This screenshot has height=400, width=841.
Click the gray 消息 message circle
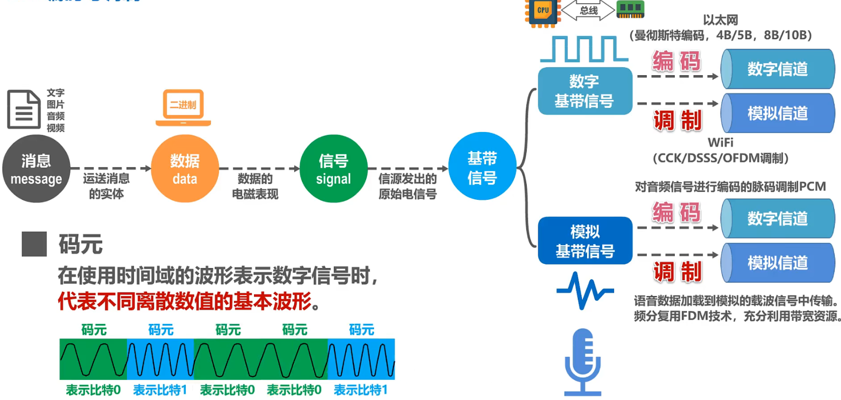pos(36,169)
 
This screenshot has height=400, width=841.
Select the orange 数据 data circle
pos(185,169)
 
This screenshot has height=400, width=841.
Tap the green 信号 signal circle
pos(333,169)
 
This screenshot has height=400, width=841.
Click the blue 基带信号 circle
pos(482,167)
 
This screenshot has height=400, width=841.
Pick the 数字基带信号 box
pos(584,91)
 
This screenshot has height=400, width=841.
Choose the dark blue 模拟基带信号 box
pos(584,241)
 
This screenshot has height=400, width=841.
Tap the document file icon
pos(24,109)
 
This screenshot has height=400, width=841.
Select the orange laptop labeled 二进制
pos(183,107)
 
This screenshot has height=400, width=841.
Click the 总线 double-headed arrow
pos(588,11)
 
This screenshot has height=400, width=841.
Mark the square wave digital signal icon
pos(584,49)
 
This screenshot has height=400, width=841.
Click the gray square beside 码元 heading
pos(34,244)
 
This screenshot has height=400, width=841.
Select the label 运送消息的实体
pos(106,186)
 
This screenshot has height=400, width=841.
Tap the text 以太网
pos(720,20)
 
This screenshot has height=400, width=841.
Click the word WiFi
pos(720,143)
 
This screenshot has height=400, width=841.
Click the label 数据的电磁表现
pos(255,186)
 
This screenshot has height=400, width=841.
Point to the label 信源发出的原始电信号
pos(407,186)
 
